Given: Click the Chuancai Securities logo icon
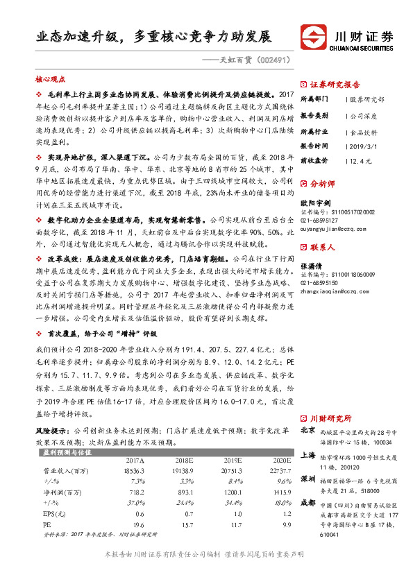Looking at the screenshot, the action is pyautogui.click(x=313, y=37).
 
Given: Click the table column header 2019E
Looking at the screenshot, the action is pyautogui.click(x=230, y=460).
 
